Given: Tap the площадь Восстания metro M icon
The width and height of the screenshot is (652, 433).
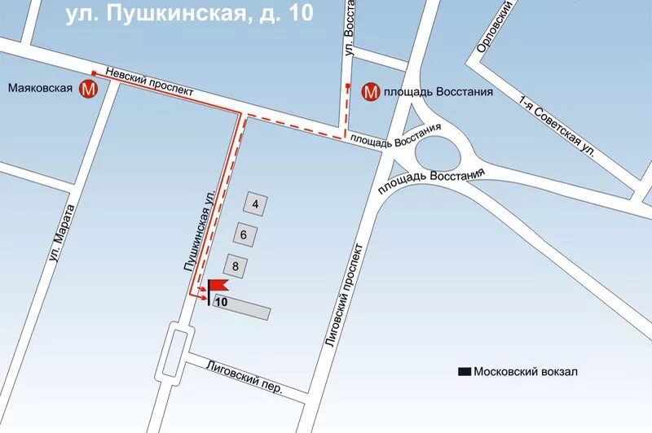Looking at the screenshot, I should click(371, 92).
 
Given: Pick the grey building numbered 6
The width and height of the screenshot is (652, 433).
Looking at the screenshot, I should click(246, 234).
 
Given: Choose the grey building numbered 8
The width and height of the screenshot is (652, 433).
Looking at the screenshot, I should click(236, 265).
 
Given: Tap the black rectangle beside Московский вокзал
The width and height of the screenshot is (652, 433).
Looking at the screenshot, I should click(465, 372).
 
